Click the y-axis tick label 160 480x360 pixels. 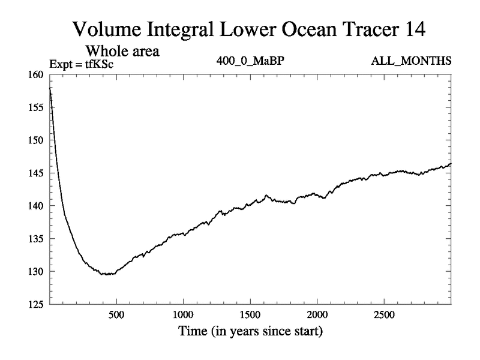[x=36, y=75]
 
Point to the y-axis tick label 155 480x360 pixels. [x=36, y=107]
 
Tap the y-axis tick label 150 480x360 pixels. [x=36, y=140]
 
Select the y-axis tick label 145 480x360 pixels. [x=36, y=173]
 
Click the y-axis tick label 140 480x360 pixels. [x=36, y=206]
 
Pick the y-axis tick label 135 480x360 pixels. [x=36, y=239]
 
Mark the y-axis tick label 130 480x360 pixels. [x=36, y=272]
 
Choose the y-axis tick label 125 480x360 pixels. [x=36, y=304]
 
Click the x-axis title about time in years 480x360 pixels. [x=250, y=331]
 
